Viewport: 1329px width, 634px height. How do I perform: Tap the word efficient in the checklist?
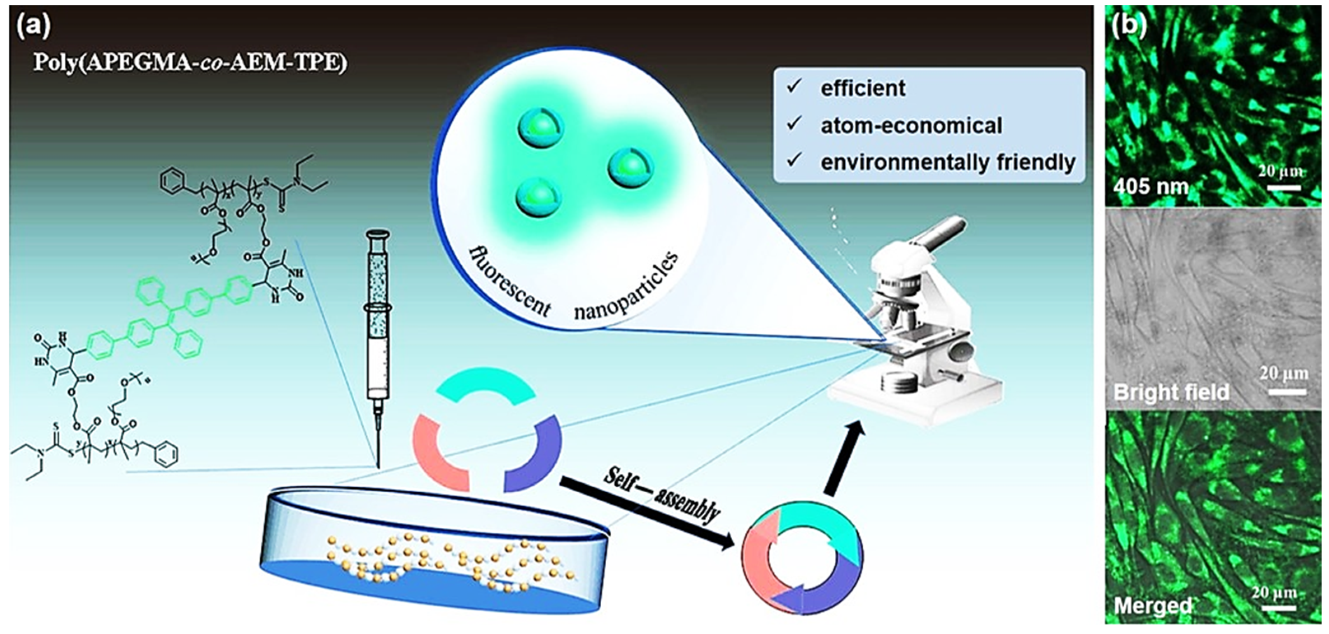(x=863, y=88)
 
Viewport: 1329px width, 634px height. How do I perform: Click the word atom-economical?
(x=911, y=125)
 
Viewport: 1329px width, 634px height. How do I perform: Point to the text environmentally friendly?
(x=948, y=162)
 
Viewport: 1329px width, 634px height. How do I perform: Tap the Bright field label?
(x=1171, y=393)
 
